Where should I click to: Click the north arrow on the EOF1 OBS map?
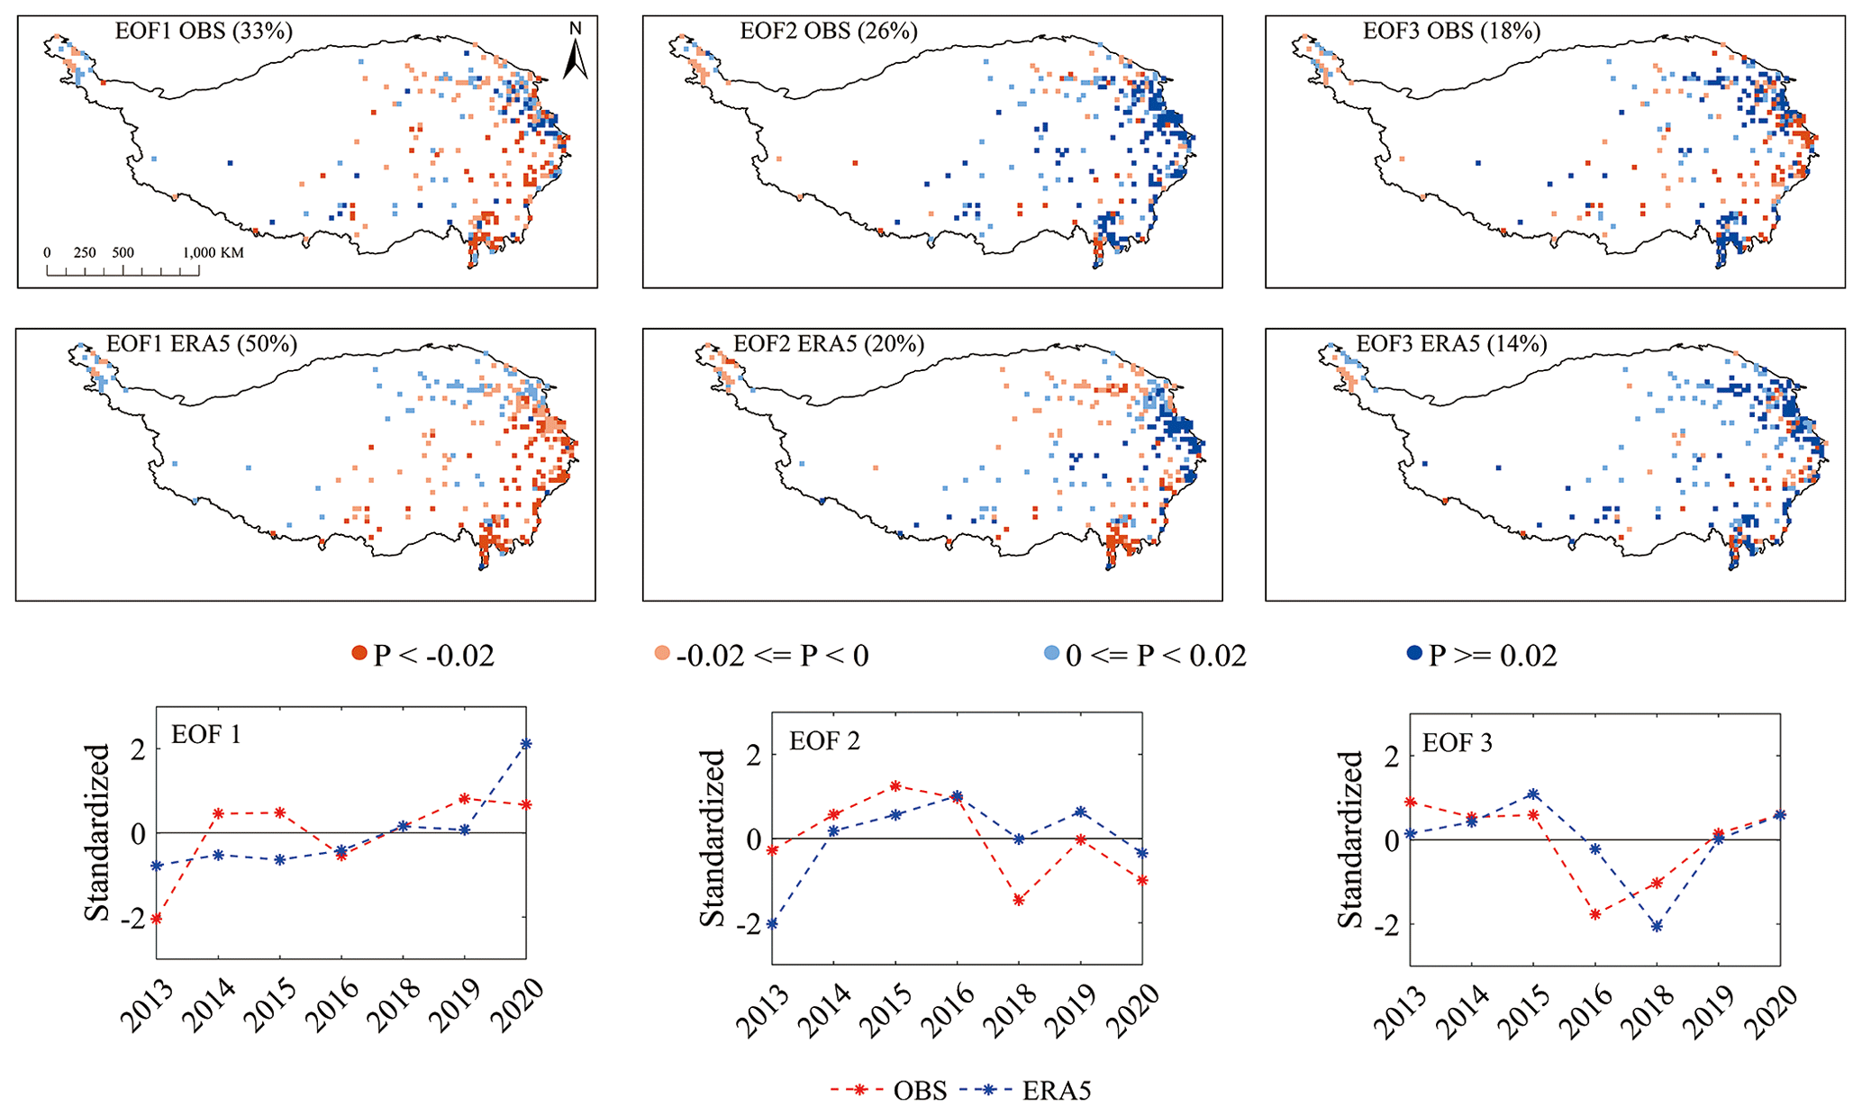(576, 51)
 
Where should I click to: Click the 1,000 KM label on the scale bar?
(213, 253)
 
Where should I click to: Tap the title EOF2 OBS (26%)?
(828, 32)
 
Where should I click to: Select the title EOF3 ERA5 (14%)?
(1451, 344)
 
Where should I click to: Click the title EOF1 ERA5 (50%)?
(202, 344)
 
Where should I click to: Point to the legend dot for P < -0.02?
(359, 654)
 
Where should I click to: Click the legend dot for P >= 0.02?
(1414, 654)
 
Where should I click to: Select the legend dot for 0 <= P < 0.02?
(1051, 654)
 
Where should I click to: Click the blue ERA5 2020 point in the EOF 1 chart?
(526, 744)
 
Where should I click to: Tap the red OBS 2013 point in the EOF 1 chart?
(157, 919)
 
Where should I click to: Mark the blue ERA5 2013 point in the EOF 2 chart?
(772, 924)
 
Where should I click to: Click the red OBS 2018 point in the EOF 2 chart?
(1019, 900)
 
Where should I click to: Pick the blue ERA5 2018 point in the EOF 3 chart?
(1657, 926)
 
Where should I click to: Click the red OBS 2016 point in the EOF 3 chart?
(1595, 914)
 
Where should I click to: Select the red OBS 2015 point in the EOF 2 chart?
(895, 786)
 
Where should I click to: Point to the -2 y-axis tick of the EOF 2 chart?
(755, 923)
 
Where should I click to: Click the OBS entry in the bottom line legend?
(920, 1091)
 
